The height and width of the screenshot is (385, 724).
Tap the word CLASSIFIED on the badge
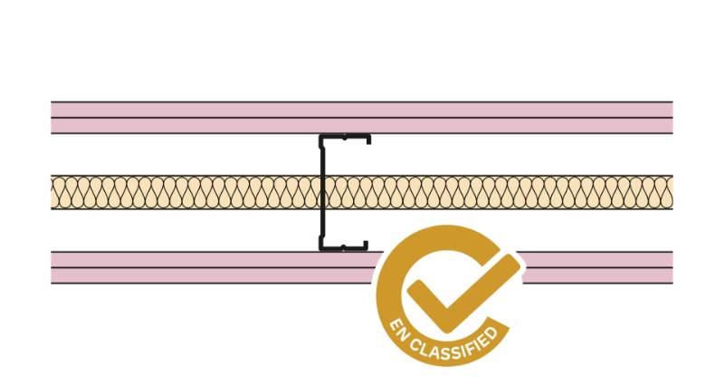(x=456, y=347)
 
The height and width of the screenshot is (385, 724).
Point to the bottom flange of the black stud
(x=344, y=246)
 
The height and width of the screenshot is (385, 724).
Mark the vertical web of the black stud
(x=321, y=192)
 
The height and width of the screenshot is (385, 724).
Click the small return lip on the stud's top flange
(x=368, y=140)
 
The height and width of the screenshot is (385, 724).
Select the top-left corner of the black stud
(x=321, y=138)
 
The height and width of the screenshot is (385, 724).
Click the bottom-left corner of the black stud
(x=321, y=247)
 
